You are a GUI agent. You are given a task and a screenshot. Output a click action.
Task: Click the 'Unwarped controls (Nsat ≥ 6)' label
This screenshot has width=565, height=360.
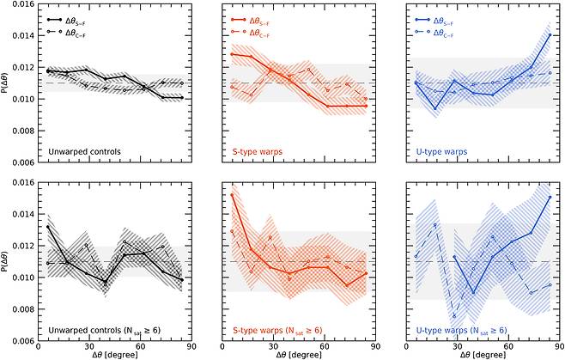tap(111, 330)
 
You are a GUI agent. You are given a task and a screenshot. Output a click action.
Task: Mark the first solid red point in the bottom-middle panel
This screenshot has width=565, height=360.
tap(233, 196)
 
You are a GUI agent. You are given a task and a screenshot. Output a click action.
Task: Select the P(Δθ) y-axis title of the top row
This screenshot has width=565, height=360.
tap(7, 83)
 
